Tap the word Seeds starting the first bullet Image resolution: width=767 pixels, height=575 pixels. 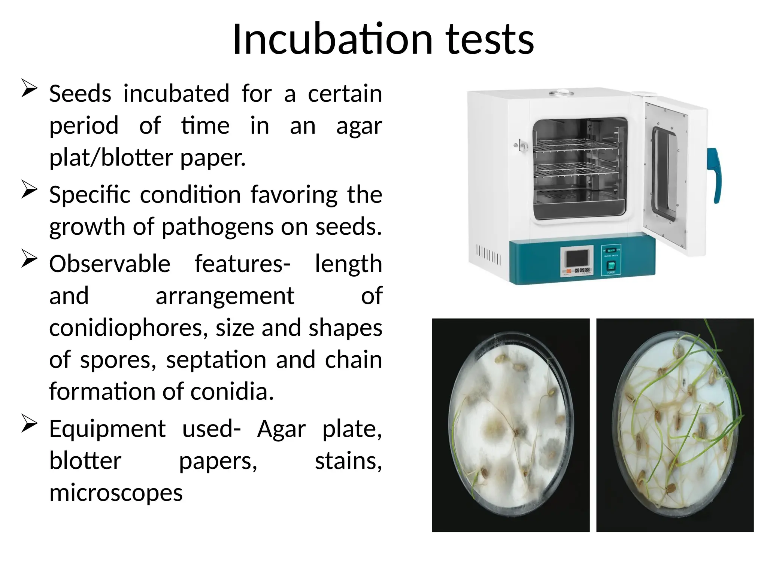tap(80, 94)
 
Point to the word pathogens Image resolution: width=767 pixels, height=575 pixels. tap(219, 227)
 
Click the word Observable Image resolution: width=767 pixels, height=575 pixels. tap(110, 264)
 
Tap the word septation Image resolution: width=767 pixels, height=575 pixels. tap(216, 360)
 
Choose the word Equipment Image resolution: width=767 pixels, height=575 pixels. tap(107, 429)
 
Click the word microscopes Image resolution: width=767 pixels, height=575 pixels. tap(116, 493)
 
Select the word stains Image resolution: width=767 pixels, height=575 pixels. tap(348, 461)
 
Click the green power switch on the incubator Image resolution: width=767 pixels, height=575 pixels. tap(611, 266)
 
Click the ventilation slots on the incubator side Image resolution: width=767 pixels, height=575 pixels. tap(488, 255)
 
